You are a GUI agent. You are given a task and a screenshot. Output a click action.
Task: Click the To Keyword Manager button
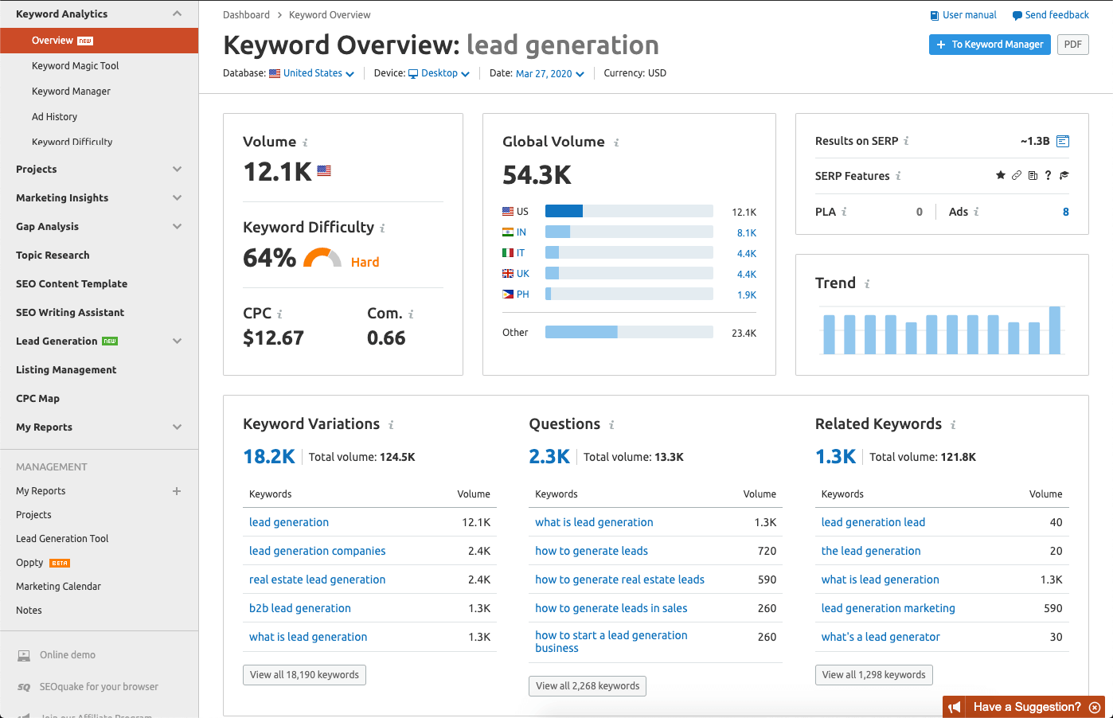(x=990, y=45)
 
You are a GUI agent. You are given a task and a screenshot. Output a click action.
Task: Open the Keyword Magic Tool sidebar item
(x=75, y=66)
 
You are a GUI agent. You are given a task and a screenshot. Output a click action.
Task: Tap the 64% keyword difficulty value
(x=269, y=258)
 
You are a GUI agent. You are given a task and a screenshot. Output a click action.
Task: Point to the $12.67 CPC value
(x=273, y=338)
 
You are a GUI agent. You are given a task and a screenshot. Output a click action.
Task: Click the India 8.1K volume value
(x=746, y=233)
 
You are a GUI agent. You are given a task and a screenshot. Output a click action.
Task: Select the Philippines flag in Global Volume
(x=508, y=295)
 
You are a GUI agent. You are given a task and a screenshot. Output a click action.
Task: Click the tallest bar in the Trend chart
(x=1055, y=330)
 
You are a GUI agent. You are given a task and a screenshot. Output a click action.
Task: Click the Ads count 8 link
(x=1065, y=212)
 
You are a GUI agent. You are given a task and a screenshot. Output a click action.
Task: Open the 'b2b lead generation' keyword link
(x=299, y=608)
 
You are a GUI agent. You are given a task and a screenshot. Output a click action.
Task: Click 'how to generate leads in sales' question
(x=611, y=608)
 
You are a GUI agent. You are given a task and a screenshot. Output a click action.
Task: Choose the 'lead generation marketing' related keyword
(x=888, y=608)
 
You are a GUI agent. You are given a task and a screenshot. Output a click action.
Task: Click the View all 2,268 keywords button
(x=588, y=686)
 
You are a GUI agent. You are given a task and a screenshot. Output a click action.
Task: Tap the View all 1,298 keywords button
(x=873, y=675)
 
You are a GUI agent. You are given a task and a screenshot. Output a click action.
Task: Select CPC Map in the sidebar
(x=37, y=399)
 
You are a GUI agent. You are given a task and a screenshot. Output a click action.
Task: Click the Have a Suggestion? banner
(x=1026, y=707)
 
